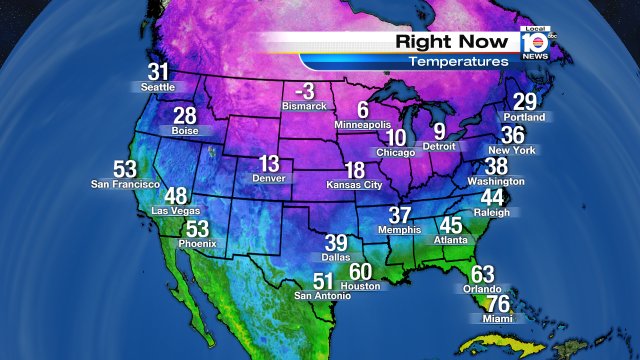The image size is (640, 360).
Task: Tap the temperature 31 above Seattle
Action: (x=158, y=72)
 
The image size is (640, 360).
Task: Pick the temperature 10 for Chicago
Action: (x=397, y=138)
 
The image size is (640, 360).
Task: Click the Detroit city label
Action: (x=440, y=147)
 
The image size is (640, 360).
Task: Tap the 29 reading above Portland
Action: (x=525, y=102)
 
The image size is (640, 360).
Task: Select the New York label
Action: (x=511, y=150)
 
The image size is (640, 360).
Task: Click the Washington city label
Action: (x=496, y=182)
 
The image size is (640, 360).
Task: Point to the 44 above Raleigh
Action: (x=493, y=198)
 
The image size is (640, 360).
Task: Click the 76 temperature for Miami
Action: (x=497, y=304)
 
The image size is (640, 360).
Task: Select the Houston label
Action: (x=360, y=286)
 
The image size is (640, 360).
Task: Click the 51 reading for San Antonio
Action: (x=324, y=282)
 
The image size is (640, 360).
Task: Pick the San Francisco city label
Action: (x=125, y=184)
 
